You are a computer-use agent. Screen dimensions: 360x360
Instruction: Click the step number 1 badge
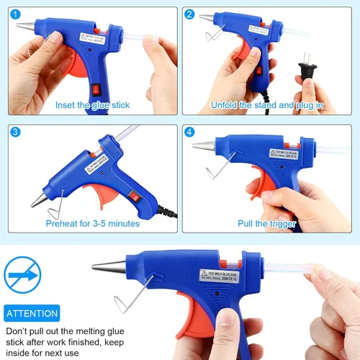pyautogui.click(x=15, y=14)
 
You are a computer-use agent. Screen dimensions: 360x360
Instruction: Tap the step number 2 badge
pyautogui.click(x=189, y=14)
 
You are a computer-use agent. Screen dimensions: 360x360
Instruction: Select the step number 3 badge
pyautogui.click(x=15, y=132)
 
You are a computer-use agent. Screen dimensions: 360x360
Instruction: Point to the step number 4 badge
pyautogui.click(x=189, y=132)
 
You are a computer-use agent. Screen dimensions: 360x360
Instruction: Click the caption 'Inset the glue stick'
pyautogui.click(x=92, y=105)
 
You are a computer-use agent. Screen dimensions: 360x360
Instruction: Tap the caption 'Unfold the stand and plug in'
pyautogui.click(x=266, y=105)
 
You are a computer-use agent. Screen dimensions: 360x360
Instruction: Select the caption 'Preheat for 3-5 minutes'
pyautogui.click(x=92, y=224)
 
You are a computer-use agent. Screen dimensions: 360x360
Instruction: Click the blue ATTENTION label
pyautogui.click(x=32, y=314)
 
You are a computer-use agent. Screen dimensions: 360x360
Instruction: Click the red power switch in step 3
pyautogui.click(x=133, y=196)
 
